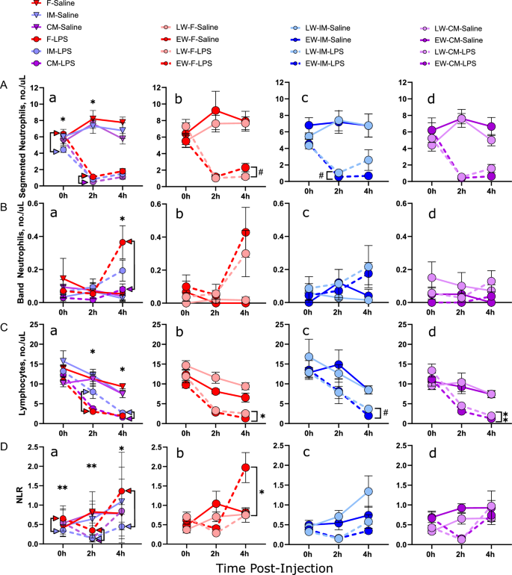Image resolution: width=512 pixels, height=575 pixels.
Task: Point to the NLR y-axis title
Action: (x=9, y=495)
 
